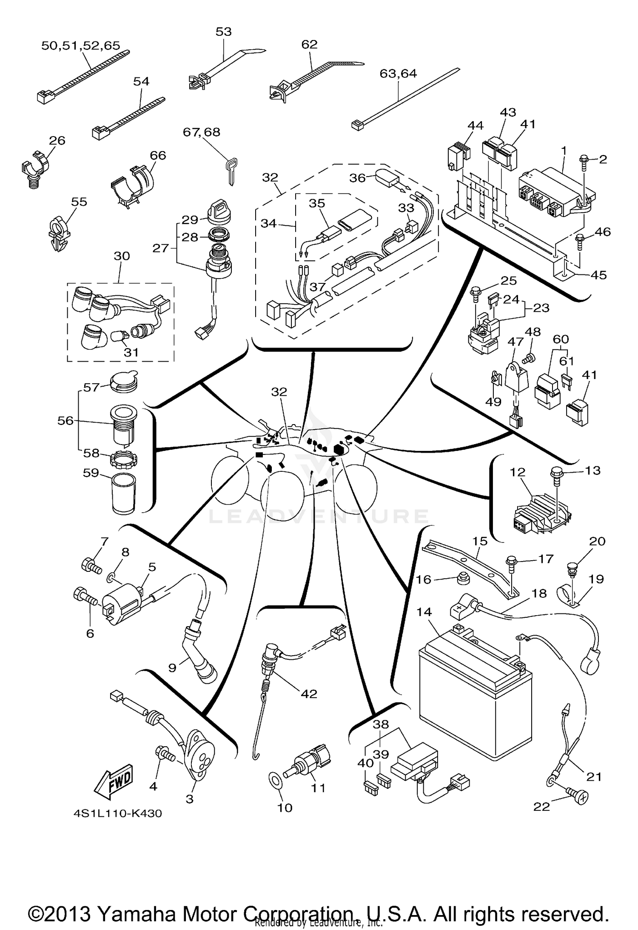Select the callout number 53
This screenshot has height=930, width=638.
click(x=223, y=31)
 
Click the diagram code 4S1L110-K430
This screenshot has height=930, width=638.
click(x=118, y=813)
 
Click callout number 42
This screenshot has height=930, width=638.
click(x=309, y=693)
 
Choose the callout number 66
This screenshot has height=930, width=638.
click(x=158, y=155)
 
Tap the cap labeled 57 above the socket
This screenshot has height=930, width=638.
click(x=124, y=380)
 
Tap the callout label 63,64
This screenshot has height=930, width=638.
click(x=398, y=74)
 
